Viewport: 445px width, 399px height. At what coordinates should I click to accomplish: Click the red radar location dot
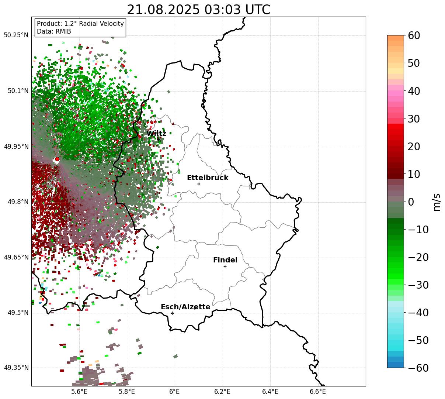tap(57, 159)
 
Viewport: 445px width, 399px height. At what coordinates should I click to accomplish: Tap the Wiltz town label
tap(156, 133)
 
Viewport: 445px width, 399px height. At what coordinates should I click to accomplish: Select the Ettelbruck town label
tap(208, 178)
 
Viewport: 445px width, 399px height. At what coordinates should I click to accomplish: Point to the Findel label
tap(225, 260)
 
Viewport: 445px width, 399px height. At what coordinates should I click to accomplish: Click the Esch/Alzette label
tap(185, 307)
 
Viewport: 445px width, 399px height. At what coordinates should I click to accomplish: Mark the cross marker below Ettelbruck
tap(199, 184)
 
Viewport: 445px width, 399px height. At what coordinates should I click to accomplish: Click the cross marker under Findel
tap(225, 266)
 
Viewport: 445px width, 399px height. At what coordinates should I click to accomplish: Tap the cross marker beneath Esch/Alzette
tap(172, 313)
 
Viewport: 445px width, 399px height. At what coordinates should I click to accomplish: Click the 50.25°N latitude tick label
tap(16, 35)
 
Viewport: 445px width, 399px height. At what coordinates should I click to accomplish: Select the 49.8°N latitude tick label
tap(18, 202)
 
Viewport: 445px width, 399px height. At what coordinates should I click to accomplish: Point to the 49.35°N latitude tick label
tap(16, 368)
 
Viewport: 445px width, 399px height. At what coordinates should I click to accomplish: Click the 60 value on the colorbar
tap(414, 35)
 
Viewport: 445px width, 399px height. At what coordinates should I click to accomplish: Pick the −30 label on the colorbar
tap(418, 285)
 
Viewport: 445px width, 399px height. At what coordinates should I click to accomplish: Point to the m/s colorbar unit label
tap(437, 202)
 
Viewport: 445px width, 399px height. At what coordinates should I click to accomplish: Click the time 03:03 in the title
tap(222, 10)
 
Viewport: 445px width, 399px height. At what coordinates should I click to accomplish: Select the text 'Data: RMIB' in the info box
tap(54, 31)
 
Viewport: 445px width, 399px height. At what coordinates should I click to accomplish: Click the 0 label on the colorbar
tap(411, 202)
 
